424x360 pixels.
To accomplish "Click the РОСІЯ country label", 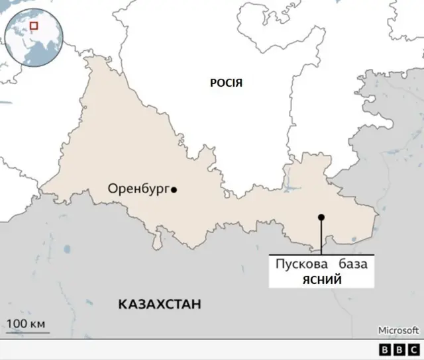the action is coord(226,83).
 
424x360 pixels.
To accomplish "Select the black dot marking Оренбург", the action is coord(174,190).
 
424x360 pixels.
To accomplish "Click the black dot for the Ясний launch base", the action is coord(321,217).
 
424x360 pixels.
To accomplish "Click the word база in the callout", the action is coord(352,265).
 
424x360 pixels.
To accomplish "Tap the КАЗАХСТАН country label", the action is coord(159,304).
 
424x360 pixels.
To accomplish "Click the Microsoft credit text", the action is coord(397,330).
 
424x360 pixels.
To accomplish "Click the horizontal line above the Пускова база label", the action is coord(321,255).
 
